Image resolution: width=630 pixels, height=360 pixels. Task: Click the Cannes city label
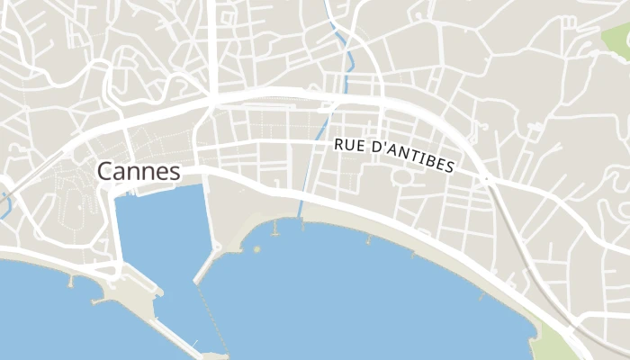pos(138,171)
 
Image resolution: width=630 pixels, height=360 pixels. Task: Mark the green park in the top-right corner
pos(618,40)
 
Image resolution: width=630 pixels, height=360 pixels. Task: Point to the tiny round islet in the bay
pos(256,248)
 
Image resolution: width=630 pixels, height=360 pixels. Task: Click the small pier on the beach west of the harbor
pos(71,279)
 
